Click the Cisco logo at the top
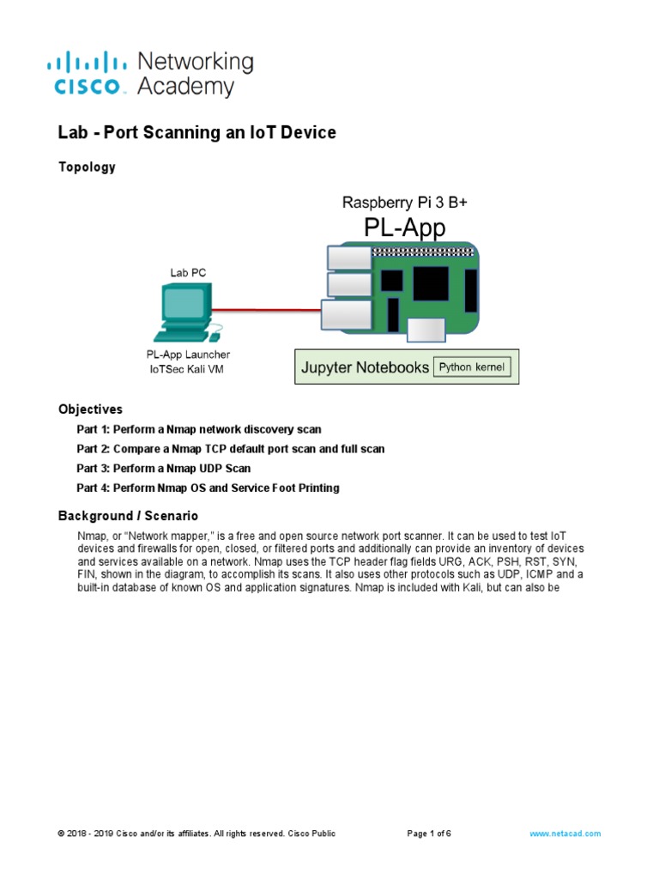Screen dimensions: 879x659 coord(90,73)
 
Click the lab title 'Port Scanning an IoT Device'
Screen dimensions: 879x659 coord(196,132)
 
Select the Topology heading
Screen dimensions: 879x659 coord(87,167)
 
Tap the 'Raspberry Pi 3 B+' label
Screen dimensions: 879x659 coord(405,203)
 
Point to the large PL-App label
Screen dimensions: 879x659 coord(405,229)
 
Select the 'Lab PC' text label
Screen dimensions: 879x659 coord(187,273)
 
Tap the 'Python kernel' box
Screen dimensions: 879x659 coord(472,367)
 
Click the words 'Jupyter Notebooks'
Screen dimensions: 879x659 coord(365,368)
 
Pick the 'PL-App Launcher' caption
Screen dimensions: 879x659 coord(188,355)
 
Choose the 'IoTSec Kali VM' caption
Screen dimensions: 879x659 coord(188,369)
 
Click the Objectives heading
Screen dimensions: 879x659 coord(90,409)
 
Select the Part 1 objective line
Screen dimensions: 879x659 coord(199,429)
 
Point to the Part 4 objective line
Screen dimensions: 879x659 coord(208,488)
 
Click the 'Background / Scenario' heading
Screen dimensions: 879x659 coord(128,516)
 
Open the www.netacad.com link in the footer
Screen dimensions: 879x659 coord(565,834)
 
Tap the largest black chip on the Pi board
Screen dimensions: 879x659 coord(431,283)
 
